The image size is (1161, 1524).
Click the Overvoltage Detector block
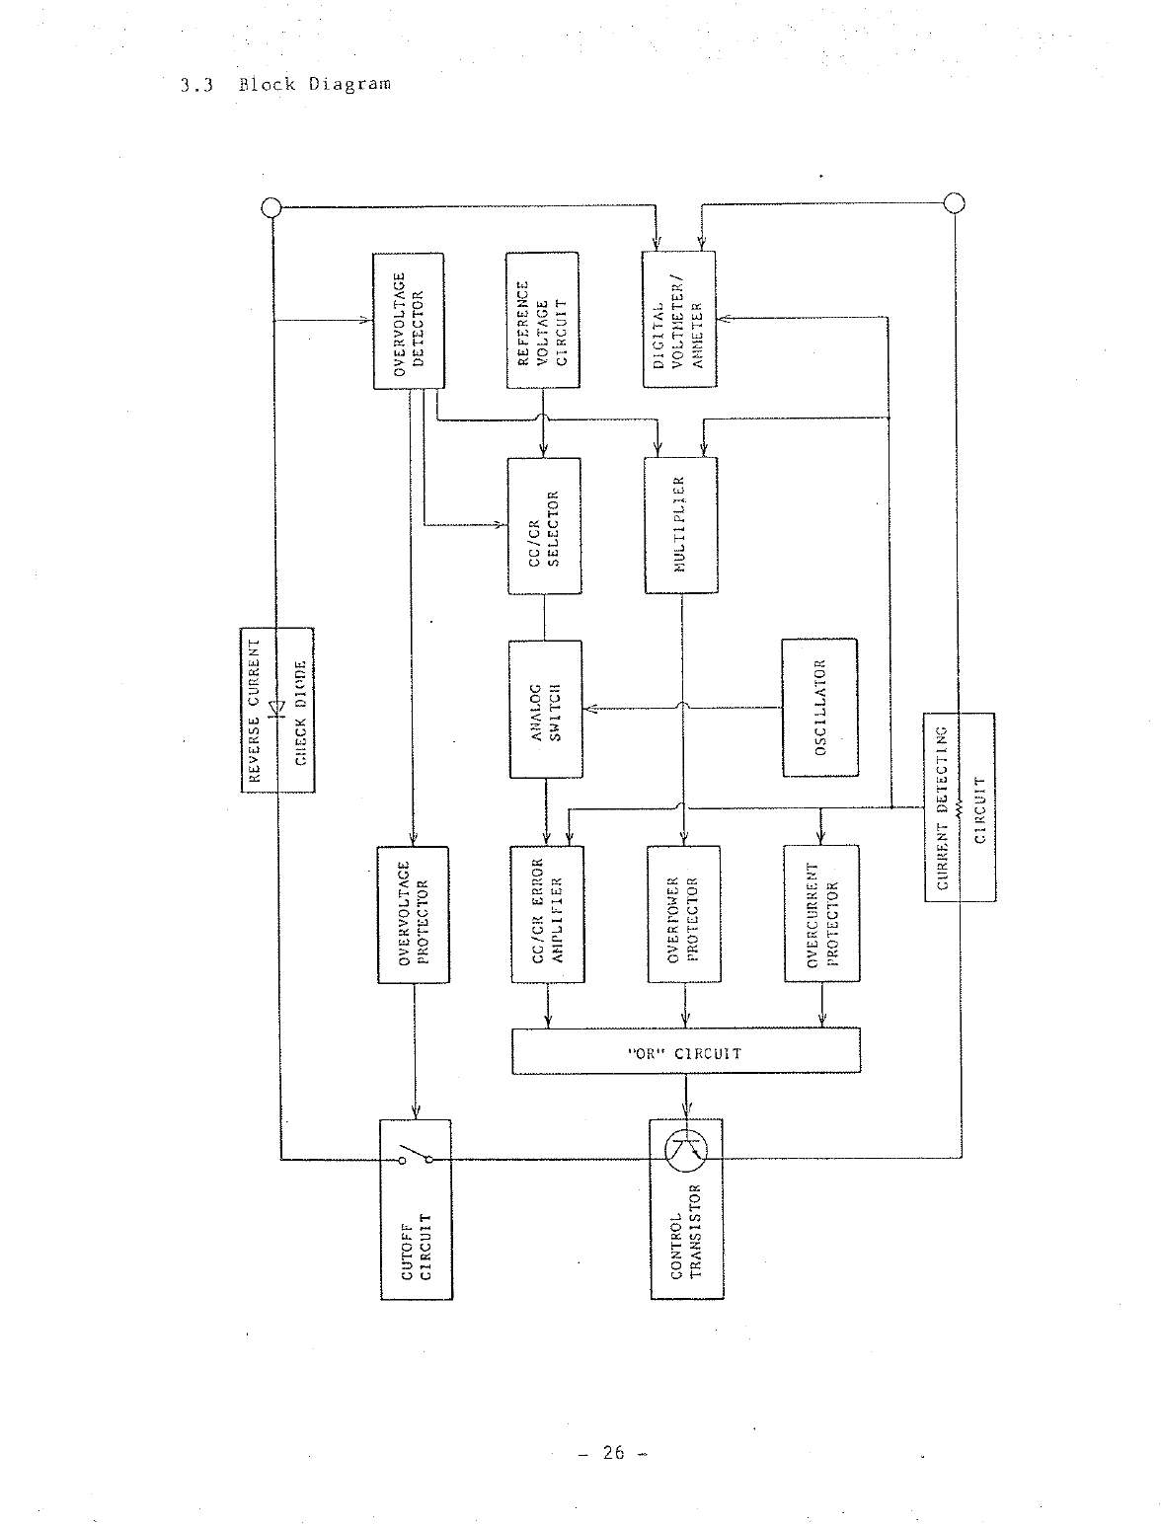tap(407, 320)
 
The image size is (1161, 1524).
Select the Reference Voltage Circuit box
tap(542, 320)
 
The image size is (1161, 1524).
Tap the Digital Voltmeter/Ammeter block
tap(678, 320)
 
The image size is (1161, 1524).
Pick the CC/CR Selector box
tap(544, 525)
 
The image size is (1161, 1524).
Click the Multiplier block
tap(680, 525)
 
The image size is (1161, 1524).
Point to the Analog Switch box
tap(545, 710)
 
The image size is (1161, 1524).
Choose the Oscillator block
tap(819, 708)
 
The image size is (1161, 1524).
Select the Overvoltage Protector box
tap(413, 914)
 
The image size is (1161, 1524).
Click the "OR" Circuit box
tap(685, 1051)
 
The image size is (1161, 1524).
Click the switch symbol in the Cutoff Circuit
tap(416, 1155)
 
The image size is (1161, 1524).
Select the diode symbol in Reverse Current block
tap(277, 707)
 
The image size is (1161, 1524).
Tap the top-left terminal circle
tap(270, 207)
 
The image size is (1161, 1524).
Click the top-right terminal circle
tap(954, 202)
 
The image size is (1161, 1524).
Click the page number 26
tap(614, 1452)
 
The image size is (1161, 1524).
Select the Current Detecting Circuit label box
tap(960, 806)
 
